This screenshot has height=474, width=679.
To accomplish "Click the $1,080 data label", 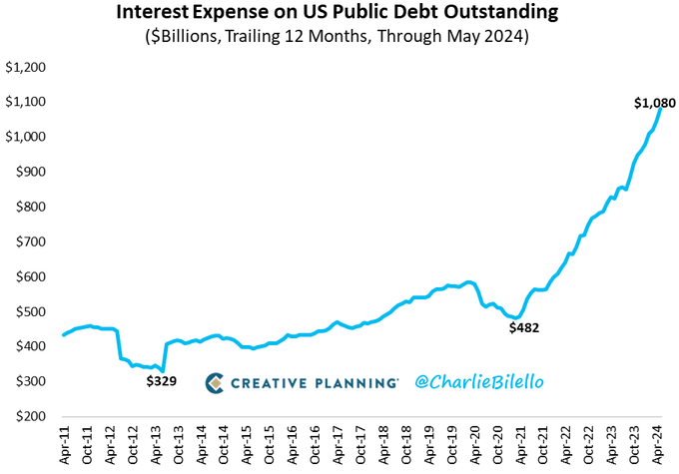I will (656, 103).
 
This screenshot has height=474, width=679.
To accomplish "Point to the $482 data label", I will (522, 327).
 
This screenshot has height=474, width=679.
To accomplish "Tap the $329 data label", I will (161, 380).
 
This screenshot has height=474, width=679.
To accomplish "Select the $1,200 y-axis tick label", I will (26, 67).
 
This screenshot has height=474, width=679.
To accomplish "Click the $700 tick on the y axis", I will (31, 241).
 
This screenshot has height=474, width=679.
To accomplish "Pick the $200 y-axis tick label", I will (31, 416).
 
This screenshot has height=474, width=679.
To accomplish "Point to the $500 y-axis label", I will (31, 311).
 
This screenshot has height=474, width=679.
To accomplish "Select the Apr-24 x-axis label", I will (659, 445).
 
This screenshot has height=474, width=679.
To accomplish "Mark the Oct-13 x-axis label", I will (178, 445).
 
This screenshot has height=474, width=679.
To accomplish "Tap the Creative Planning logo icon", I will (215, 382).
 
